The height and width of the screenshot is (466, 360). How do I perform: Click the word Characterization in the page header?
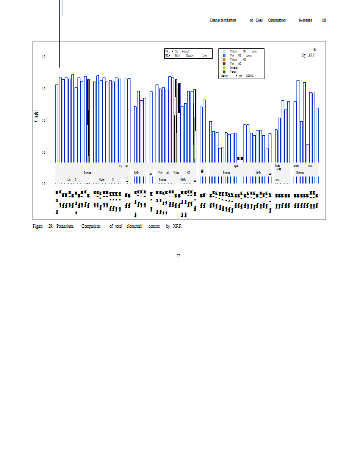(x=223, y=20)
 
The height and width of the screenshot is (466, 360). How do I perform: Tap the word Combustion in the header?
(x=277, y=20)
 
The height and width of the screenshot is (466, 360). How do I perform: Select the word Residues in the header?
(x=305, y=20)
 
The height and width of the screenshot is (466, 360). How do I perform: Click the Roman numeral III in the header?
(x=324, y=20)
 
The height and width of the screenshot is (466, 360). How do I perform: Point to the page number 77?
(x=178, y=255)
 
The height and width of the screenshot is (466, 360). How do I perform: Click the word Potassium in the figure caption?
(x=65, y=226)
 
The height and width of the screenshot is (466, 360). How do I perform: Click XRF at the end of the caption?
(x=177, y=226)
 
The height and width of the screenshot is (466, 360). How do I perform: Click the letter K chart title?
(x=315, y=50)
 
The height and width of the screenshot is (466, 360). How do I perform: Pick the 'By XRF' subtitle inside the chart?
(x=308, y=55)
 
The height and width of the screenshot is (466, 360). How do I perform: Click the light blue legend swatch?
(x=224, y=51)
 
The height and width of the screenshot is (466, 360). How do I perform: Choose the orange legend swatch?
(x=224, y=59)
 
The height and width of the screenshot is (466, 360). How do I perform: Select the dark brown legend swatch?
(x=224, y=63)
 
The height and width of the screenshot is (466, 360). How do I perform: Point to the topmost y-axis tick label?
(x=44, y=57)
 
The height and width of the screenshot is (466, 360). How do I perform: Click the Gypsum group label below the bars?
(x=236, y=166)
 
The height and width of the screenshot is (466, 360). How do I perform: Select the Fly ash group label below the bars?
(x=123, y=166)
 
